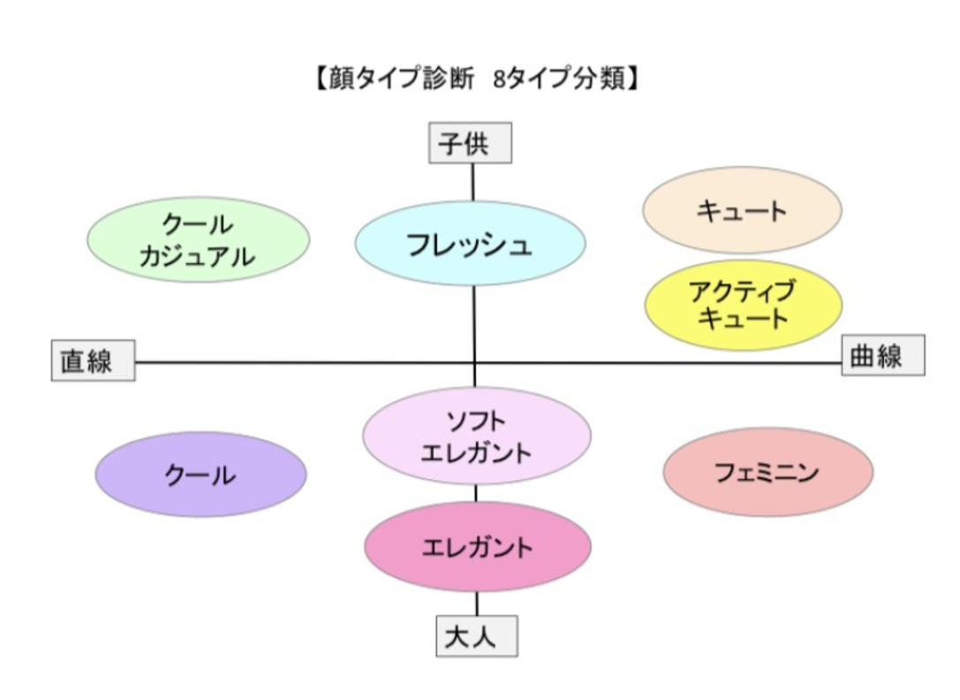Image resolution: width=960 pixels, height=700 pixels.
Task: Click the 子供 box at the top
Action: (470, 143)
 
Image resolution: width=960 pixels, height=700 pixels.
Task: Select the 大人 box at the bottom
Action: (477, 636)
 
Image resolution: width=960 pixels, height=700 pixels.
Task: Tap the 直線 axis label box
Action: (93, 360)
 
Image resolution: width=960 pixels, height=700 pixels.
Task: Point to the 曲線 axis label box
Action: (883, 355)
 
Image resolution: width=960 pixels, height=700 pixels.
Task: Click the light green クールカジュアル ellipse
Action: (199, 239)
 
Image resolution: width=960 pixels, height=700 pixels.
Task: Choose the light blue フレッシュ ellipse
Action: (470, 244)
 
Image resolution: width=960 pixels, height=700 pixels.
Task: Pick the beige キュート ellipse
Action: (742, 210)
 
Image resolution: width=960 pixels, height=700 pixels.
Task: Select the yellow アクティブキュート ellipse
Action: (744, 305)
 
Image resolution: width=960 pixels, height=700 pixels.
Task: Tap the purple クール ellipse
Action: (200, 474)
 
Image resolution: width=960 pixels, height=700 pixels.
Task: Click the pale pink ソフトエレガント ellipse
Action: (476, 436)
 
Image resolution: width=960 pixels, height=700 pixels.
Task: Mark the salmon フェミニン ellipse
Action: (767, 471)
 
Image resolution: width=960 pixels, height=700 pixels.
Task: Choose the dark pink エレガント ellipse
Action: (478, 546)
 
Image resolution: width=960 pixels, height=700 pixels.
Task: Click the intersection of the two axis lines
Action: (474, 363)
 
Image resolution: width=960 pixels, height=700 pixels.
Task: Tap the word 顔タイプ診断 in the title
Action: (402, 79)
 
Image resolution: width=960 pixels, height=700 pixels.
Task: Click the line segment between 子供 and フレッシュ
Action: (472, 183)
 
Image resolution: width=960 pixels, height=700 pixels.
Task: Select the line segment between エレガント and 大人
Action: (477, 604)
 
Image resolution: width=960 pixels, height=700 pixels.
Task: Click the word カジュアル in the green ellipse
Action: (197, 256)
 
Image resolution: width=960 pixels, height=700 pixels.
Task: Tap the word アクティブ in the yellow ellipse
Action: (742, 291)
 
